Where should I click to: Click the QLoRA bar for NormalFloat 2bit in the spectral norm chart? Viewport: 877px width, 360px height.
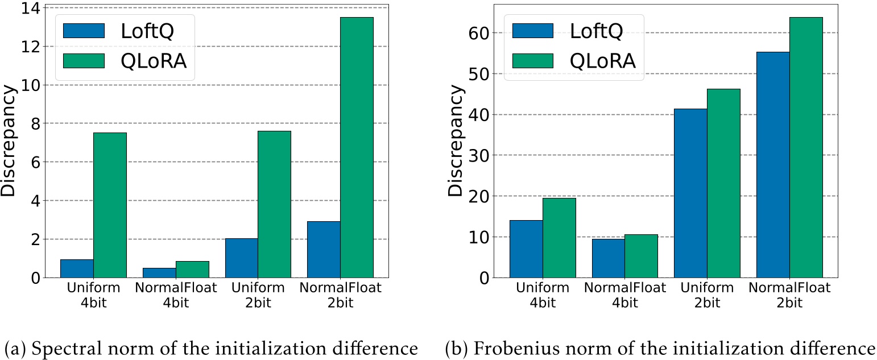pyautogui.click(x=357, y=148)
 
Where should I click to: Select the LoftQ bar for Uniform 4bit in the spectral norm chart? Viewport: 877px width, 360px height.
pyautogui.click(x=77, y=268)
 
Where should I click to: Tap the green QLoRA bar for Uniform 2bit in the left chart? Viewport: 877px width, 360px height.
pyautogui.click(x=274, y=205)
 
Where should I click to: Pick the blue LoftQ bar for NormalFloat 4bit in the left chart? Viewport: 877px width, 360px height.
pyautogui.click(x=159, y=272)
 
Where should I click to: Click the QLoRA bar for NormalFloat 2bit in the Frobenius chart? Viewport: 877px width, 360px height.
pyautogui.click(x=806, y=148)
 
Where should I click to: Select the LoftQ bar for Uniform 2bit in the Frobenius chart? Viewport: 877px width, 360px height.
pyautogui.click(x=690, y=193)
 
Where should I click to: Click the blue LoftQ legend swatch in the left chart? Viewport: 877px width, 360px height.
pyautogui.click(x=84, y=31)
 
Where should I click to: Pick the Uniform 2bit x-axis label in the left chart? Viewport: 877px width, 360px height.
pyautogui.click(x=258, y=295)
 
